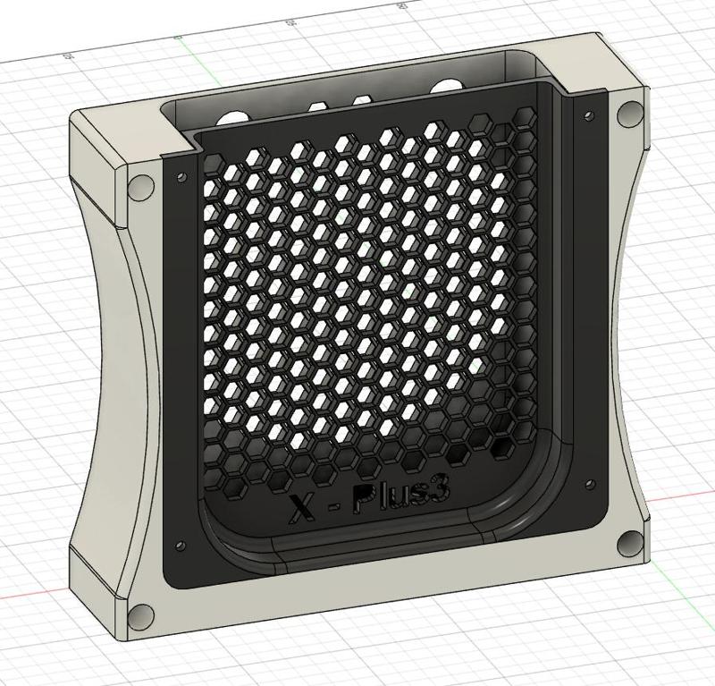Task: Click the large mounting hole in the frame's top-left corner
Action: pos(139,188)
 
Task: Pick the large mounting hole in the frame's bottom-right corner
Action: pos(630,542)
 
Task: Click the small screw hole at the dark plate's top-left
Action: pos(182,177)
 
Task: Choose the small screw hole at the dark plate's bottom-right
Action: pos(589,485)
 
